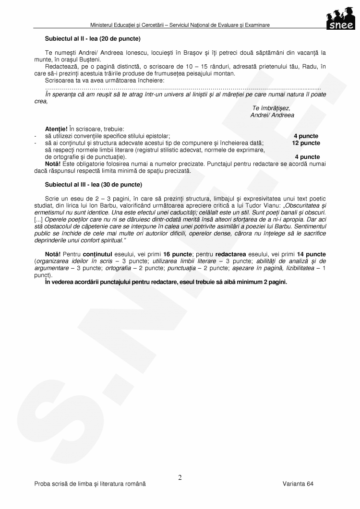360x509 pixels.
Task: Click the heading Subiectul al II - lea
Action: click(x=93, y=37)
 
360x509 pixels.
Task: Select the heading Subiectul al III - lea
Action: click(x=94, y=184)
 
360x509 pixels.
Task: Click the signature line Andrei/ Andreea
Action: click(x=272, y=116)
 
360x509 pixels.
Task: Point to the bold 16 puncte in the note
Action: click(x=177, y=253)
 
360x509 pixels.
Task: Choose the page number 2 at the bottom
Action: click(x=180, y=477)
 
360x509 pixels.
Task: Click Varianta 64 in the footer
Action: click(x=298, y=484)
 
